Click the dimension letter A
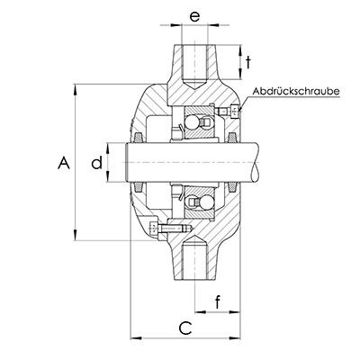point(64,162)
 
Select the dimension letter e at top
point(194,17)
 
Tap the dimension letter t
point(248,63)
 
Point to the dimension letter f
point(218,302)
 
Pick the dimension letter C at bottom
point(185,328)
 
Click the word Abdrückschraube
point(296,91)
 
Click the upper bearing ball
point(192,122)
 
